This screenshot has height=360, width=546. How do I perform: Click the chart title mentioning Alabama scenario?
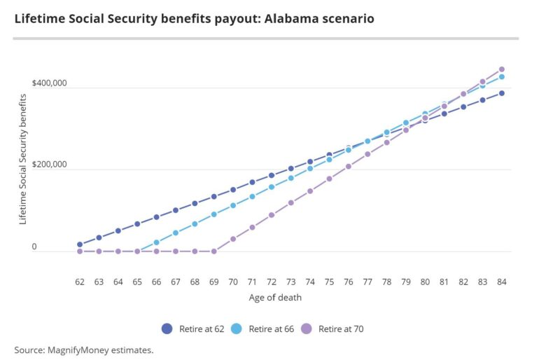(194, 19)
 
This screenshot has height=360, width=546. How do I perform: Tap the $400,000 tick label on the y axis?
(49, 84)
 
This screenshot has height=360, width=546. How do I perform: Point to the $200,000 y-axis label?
(49, 165)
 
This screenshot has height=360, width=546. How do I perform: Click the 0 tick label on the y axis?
(33, 247)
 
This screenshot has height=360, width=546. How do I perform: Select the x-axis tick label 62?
(80, 282)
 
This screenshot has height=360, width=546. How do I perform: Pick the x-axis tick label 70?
(233, 282)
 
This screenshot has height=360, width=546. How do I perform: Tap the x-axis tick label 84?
(502, 282)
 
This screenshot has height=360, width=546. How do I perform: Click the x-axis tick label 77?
(367, 282)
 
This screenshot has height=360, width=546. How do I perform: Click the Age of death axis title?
(275, 298)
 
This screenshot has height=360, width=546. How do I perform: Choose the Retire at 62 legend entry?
(192, 328)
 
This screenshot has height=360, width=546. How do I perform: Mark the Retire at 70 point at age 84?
(502, 69)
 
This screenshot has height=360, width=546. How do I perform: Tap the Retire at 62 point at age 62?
(80, 244)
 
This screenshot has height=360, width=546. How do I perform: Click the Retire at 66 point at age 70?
(233, 205)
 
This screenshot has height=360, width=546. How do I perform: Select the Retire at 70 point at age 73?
(290, 202)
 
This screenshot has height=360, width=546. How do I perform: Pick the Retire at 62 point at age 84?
(502, 93)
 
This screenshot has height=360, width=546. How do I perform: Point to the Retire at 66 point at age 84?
(502, 76)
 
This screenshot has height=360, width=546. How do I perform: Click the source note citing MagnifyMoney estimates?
(83, 349)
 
